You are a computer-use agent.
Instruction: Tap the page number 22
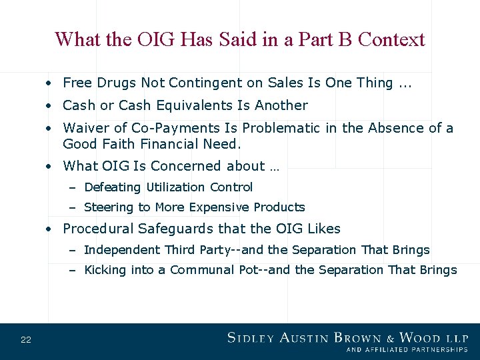(26, 340)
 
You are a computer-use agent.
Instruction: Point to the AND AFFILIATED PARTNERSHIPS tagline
(407, 349)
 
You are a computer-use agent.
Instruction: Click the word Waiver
(85, 128)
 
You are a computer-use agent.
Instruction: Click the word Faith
(115, 144)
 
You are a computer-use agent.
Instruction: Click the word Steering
(109, 207)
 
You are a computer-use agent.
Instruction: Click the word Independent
(122, 250)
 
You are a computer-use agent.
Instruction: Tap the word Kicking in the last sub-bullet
(105, 270)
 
